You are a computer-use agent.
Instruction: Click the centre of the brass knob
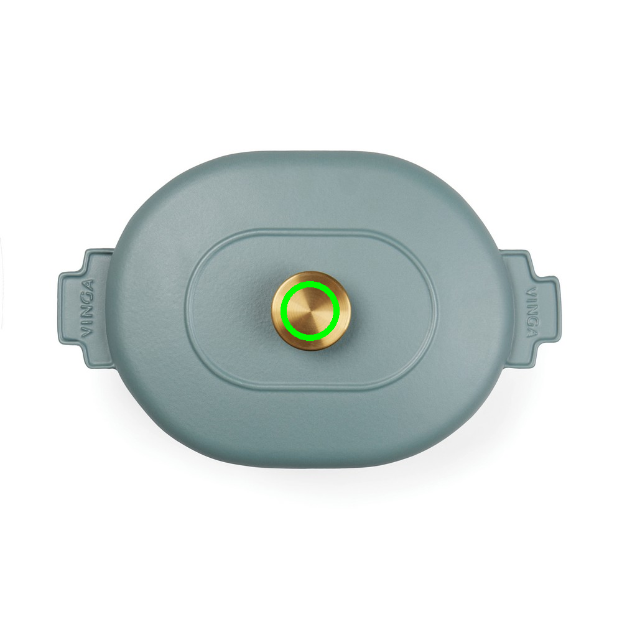click(x=311, y=311)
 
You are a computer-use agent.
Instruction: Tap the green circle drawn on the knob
click(x=310, y=282)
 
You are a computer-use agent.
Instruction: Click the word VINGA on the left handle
click(x=87, y=309)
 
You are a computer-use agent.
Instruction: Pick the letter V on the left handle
click(x=87, y=332)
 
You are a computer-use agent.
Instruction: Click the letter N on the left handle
click(x=87, y=312)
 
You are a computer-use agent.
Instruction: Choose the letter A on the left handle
click(x=87, y=285)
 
